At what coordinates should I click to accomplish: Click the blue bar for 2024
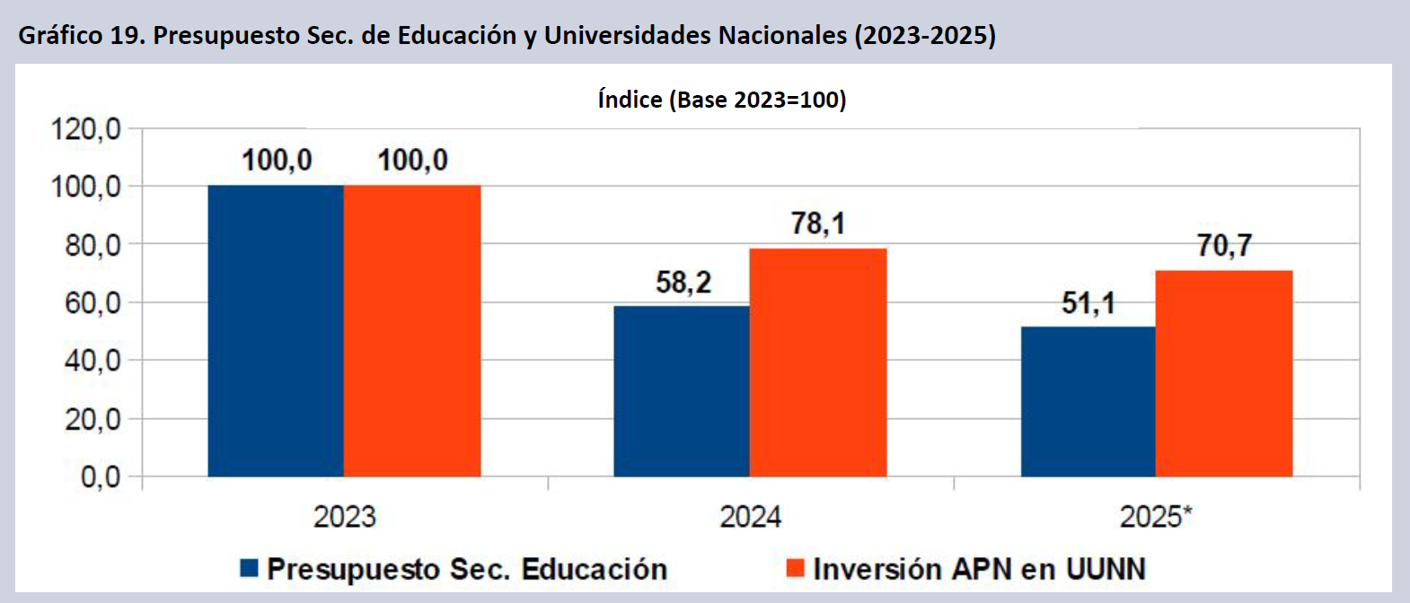[x=682, y=391]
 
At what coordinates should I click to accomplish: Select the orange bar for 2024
[x=818, y=363]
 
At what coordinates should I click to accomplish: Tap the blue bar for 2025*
[x=1088, y=401]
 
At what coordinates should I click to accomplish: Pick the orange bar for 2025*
[x=1224, y=373]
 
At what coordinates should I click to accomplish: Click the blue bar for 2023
[x=276, y=330]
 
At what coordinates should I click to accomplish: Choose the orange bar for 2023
[x=412, y=330]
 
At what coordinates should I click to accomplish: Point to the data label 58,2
[x=683, y=283]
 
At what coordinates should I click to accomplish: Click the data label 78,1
[x=818, y=223]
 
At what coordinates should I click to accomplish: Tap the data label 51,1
[x=1088, y=303]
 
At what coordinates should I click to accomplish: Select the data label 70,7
[x=1224, y=245]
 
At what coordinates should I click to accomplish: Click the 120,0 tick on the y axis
[x=86, y=129]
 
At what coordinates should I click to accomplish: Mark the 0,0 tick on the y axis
[x=101, y=476]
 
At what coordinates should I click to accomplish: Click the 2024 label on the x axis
[x=751, y=517]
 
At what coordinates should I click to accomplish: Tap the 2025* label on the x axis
[x=1156, y=517]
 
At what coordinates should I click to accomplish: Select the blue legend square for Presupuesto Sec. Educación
[x=250, y=568]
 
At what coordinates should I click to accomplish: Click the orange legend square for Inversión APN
[x=795, y=568]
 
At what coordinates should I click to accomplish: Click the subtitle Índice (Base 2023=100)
[x=722, y=100]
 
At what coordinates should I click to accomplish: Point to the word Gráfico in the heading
[x=60, y=35]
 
